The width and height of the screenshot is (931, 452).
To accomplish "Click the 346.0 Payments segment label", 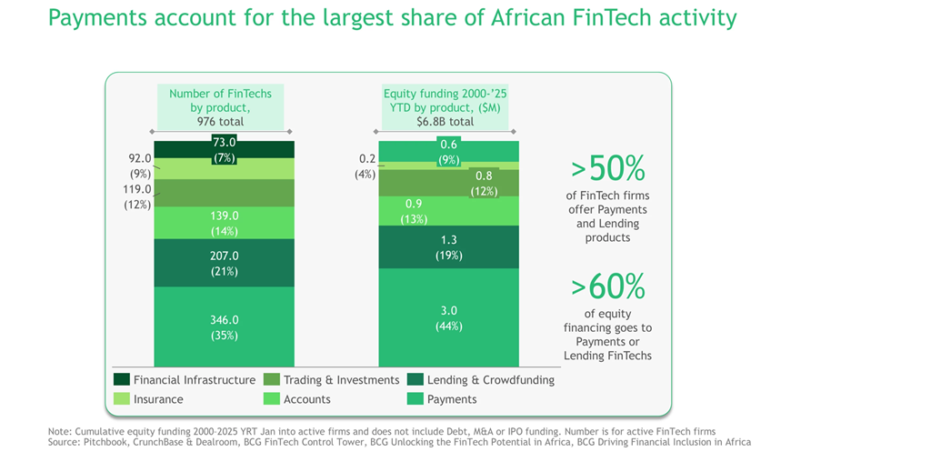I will [x=223, y=320].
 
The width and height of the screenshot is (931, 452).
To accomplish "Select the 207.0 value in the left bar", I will [x=223, y=257].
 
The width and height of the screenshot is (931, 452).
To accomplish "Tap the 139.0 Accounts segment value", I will [x=223, y=216].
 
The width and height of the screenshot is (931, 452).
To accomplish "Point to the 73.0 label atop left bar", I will [x=225, y=142].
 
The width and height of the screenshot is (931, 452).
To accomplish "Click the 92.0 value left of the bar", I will [x=140, y=157].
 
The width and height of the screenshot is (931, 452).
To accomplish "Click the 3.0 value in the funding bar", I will [x=448, y=311].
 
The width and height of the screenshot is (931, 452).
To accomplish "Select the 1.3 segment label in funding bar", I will [x=448, y=240].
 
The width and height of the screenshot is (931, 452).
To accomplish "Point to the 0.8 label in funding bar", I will [x=483, y=176].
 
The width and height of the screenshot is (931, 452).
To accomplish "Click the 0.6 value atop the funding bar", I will [x=448, y=144].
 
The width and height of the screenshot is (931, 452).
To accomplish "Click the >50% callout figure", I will [x=607, y=168].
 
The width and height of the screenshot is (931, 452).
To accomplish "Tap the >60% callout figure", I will [x=607, y=286].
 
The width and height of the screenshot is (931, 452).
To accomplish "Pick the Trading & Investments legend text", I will [x=341, y=379].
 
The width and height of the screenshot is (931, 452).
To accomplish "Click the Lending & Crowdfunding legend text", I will [x=491, y=379].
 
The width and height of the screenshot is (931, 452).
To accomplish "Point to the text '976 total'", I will [x=220, y=121].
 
